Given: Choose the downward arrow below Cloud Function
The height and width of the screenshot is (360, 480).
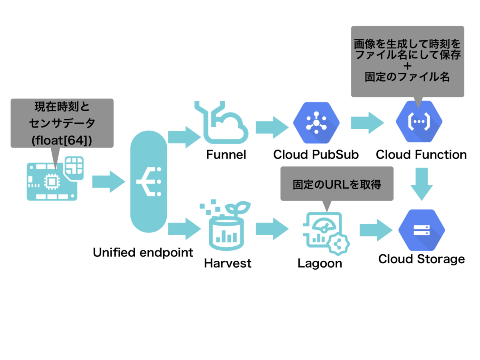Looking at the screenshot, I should point(422,184).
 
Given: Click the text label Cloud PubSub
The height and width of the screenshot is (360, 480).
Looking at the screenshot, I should point(316,154).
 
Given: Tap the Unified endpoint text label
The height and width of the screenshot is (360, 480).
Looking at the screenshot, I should point(143,252).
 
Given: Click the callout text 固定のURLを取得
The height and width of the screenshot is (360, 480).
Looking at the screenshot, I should point(337,184).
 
